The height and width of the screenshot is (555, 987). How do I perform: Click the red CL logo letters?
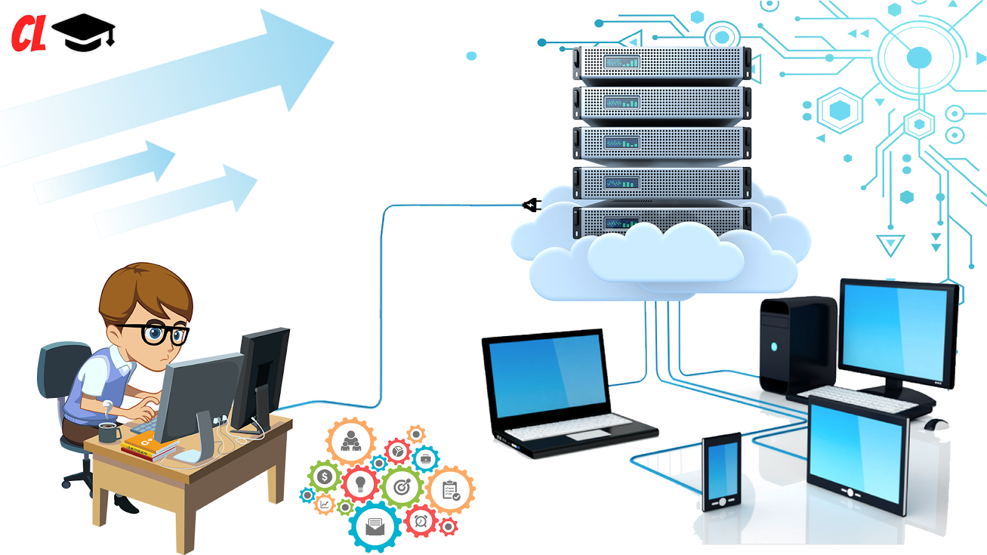click(28, 34)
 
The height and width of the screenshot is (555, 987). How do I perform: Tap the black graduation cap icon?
click(84, 33)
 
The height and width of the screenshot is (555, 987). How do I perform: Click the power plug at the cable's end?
click(531, 205)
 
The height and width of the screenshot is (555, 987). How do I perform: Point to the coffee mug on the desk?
click(109, 432)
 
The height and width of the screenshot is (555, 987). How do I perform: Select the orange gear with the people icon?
click(351, 442)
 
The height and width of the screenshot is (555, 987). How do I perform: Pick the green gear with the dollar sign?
click(324, 477)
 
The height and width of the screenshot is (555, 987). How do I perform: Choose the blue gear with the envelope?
click(375, 526)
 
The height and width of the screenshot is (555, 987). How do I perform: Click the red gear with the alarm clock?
click(421, 521)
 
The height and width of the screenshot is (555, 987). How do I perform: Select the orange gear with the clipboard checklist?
click(451, 490)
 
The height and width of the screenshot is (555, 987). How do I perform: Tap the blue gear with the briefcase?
click(426, 459)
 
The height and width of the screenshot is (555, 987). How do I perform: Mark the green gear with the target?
click(402, 487)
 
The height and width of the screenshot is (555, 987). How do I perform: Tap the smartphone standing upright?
click(721, 472)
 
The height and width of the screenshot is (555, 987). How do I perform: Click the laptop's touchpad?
click(579, 435)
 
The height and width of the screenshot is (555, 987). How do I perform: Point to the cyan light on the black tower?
click(774, 347)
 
